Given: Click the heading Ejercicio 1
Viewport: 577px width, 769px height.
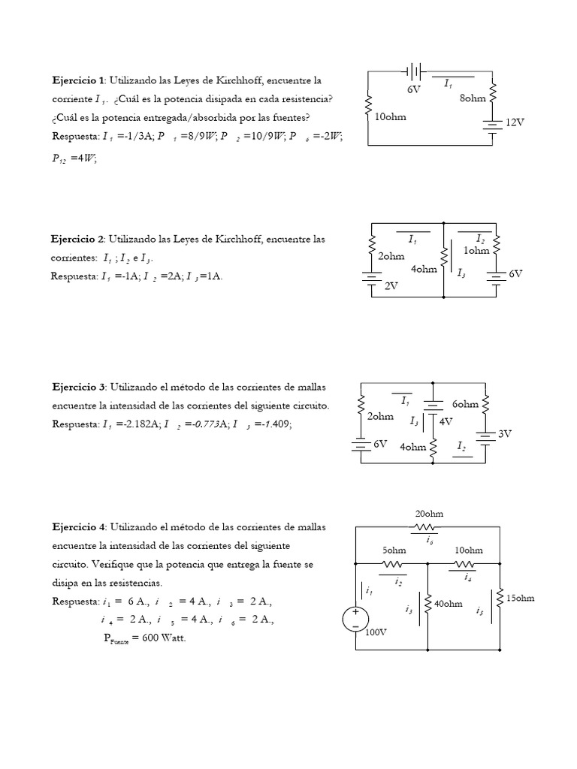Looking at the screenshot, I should coord(79,80).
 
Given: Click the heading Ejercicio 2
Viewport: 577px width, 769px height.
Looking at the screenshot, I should coord(79,239).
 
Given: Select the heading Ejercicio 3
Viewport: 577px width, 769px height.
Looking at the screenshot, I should coord(79,387).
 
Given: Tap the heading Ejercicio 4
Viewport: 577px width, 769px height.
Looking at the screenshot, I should coord(79,527).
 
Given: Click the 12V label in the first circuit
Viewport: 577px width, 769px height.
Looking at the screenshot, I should coord(515,122).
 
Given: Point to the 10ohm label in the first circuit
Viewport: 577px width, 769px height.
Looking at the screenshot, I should coord(390,117).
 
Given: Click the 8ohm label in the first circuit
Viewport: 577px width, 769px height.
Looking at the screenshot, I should coord(473,98).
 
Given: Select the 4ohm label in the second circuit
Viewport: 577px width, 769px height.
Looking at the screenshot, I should coord(424,270).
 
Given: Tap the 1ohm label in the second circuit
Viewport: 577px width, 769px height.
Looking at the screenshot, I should coord(476,251).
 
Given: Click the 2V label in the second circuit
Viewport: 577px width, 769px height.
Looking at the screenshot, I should coord(391,286).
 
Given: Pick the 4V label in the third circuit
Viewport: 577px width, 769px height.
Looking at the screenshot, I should coord(447,421).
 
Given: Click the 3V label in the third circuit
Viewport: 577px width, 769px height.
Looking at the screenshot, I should coord(506,434).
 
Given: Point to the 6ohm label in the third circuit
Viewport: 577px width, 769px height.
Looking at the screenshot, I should coord(466,404).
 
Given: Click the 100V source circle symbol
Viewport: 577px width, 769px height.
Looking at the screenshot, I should coord(354,620).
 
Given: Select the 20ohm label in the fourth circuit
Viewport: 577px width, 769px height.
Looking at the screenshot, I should coord(429,514).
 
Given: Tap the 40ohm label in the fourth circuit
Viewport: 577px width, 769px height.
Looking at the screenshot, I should coord(448,604).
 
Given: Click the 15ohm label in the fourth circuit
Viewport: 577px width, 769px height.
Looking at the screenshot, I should coord(520,598).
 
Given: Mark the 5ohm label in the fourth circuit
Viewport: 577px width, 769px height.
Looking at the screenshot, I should coord(394,550).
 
